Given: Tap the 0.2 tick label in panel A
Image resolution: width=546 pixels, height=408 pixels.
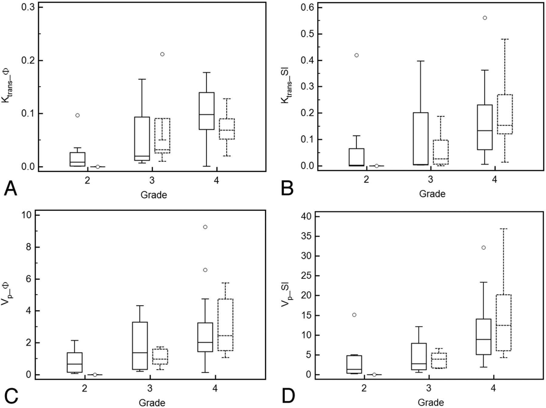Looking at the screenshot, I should click(x=28, y=60).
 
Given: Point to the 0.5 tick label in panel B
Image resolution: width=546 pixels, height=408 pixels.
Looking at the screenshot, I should click(x=307, y=34).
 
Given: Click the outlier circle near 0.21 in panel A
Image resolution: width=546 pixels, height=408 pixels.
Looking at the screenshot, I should click(x=162, y=54).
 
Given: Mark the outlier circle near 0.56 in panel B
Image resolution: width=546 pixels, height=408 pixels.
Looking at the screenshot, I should click(x=485, y=18).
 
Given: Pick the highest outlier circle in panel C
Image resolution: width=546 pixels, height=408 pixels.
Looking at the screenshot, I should click(x=205, y=227).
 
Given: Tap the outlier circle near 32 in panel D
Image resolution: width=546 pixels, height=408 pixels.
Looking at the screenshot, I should click(x=484, y=248).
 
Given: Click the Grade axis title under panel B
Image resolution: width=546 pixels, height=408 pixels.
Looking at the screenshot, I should click(x=432, y=194).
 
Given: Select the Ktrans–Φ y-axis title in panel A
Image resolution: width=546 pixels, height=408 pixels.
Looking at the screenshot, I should click(x=6, y=86).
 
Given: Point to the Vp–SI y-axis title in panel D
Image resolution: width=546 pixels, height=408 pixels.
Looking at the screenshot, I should click(x=285, y=294).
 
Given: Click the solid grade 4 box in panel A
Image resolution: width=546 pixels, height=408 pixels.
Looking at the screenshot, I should click(x=207, y=111).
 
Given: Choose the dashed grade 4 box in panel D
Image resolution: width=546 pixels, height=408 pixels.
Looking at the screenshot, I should click(x=504, y=322).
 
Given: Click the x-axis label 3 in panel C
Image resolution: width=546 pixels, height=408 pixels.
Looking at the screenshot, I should click(x=150, y=388).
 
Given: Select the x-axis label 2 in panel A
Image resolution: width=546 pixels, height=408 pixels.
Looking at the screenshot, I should click(x=87, y=181).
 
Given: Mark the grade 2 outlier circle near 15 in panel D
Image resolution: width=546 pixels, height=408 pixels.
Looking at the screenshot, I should click(x=354, y=315).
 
